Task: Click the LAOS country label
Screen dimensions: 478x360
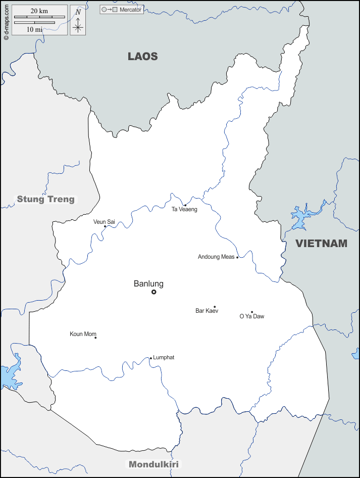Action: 142,57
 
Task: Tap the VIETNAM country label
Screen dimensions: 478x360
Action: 321,244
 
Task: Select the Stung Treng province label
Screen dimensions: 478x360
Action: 45,199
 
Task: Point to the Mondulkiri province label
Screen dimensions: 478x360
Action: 153,464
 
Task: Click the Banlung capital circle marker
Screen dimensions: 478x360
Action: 154,292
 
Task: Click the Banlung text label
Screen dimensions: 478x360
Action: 148,284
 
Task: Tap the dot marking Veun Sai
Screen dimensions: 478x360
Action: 105,226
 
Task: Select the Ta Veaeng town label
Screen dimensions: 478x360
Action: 184,209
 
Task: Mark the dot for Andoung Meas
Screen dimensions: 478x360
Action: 237,257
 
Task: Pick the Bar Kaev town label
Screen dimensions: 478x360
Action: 207,311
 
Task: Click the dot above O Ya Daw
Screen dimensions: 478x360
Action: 252,312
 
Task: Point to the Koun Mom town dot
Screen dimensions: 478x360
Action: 95,338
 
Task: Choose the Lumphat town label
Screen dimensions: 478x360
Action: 164,358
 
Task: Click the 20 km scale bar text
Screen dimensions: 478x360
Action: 39,11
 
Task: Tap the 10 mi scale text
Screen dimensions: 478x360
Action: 34,29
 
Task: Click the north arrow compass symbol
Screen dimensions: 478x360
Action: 78,21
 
